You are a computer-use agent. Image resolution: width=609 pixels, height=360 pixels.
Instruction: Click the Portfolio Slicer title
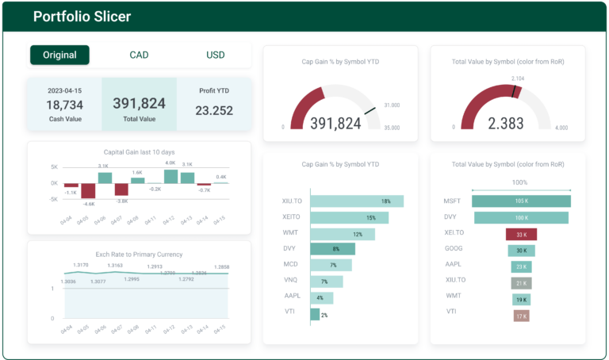tap(82, 17)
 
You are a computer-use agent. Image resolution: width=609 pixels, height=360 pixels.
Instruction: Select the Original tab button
tap(59, 55)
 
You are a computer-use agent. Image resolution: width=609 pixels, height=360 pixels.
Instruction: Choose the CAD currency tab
tap(139, 55)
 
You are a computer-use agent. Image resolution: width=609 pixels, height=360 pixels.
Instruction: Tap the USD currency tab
tap(216, 55)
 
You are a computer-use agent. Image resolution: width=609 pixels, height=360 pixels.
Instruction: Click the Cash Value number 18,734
tap(64, 105)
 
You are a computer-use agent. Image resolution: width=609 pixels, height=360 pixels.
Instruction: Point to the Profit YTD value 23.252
tap(214, 111)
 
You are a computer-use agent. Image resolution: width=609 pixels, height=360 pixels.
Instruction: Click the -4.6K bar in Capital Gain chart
tap(88, 191)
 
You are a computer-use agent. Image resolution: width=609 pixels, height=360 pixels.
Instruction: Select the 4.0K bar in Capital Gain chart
tap(170, 176)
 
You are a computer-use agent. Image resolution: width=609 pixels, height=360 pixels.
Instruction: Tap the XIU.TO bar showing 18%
tap(357, 201)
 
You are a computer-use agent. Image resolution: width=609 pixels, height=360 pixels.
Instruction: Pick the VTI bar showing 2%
tap(315, 315)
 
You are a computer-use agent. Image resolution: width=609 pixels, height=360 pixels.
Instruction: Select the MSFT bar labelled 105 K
tap(521, 201)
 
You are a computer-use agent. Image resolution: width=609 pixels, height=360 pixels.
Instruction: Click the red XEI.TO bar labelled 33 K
tap(521, 235)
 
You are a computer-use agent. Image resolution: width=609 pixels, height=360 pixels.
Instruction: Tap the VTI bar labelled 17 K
tap(521, 316)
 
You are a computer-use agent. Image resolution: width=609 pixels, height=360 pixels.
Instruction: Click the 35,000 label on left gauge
tap(392, 127)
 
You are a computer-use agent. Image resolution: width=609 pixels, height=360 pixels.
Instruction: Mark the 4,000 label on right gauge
tap(561, 127)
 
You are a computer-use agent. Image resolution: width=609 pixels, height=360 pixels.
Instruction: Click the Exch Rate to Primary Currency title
tap(139, 255)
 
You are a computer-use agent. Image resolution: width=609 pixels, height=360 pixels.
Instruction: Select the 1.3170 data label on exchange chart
tap(80, 265)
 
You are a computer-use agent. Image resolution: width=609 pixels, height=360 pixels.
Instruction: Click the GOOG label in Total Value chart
tap(453, 250)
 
